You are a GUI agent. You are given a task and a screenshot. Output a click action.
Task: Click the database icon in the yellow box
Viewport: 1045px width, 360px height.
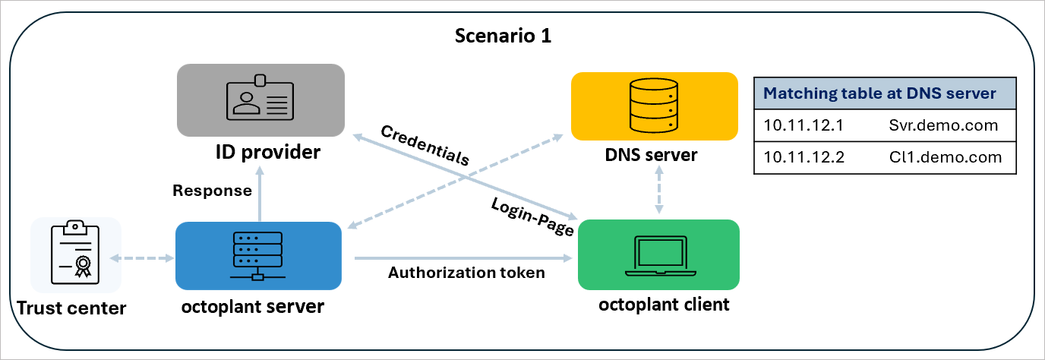(x=654, y=106)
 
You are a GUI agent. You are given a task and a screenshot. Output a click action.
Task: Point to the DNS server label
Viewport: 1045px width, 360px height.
(x=651, y=155)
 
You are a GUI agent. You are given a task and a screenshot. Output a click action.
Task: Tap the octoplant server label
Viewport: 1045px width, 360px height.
(x=254, y=307)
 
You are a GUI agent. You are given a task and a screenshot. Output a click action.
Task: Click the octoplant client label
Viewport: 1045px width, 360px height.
(x=664, y=305)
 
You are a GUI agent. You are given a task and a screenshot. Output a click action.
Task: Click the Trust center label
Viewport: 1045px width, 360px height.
(x=71, y=308)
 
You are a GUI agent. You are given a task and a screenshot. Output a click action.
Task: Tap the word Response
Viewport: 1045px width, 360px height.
(x=212, y=190)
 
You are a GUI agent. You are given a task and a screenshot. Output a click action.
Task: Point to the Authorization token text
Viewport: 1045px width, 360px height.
(x=466, y=273)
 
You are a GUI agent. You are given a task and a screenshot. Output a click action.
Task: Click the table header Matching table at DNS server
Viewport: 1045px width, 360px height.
(x=879, y=93)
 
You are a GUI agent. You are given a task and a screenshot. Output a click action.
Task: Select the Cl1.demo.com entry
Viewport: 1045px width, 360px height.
(x=945, y=158)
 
